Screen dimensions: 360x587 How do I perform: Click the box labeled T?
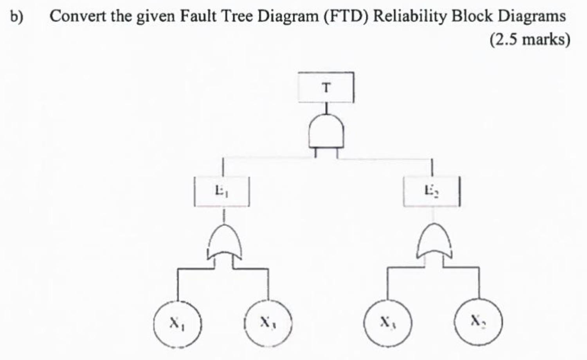tap(326, 88)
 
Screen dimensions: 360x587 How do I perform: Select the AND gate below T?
tap(326, 132)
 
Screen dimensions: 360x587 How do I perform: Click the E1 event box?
tap(222, 192)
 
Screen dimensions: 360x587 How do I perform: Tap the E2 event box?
tap(431, 192)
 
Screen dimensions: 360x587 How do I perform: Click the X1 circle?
tap(177, 323)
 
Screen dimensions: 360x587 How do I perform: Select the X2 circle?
tap(478, 322)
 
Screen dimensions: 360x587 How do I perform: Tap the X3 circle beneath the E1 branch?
tap(268, 323)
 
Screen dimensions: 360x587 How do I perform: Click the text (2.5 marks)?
tap(529, 39)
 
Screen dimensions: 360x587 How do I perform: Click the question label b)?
tap(16, 17)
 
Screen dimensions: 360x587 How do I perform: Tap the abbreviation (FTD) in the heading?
tap(346, 16)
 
